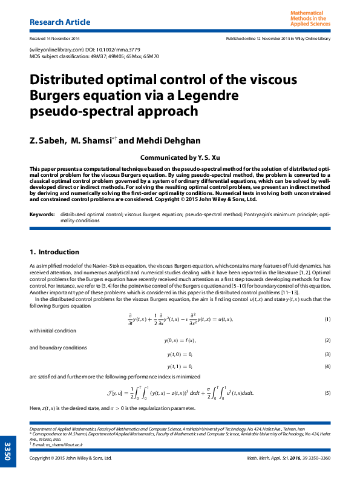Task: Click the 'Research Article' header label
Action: coord(60,22)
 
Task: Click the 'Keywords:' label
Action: coord(42,214)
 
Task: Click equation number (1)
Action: coord(327,319)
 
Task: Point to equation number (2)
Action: coord(327,341)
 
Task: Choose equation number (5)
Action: coord(327,393)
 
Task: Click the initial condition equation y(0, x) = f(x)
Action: coord(180,341)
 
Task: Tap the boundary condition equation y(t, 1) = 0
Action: coord(180,366)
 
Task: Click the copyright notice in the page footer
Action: coord(71,458)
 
